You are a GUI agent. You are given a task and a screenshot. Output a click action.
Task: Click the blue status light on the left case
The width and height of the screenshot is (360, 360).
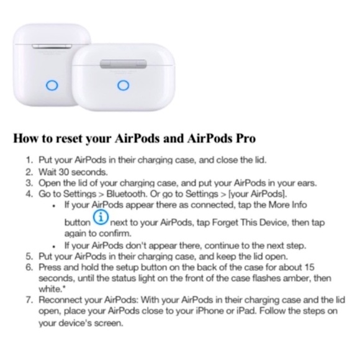pyautogui.click(x=53, y=86)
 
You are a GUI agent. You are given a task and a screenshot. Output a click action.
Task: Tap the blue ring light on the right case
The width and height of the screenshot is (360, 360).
pyautogui.click(x=123, y=86)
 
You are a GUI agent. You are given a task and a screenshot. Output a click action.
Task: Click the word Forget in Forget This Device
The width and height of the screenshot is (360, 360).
pyautogui.click(x=213, y=222)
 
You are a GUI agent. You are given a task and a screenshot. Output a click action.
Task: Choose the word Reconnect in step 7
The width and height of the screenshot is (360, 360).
pyautogui.click(x=62, y=301)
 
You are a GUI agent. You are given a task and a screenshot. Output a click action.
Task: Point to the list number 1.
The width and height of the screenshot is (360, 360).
pyautogui.click(x=29, y=160)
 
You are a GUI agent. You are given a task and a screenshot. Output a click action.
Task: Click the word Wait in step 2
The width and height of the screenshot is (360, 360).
pyautogui.click(x=47, y=171)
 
